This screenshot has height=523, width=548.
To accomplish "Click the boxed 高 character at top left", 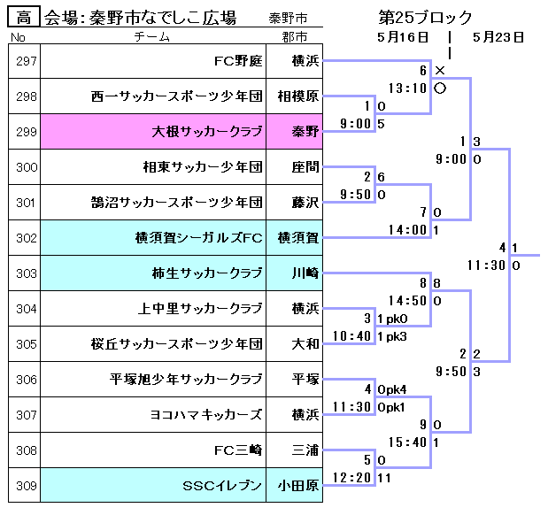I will pos(24,17).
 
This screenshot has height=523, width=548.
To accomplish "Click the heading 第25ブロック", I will pos(425,17).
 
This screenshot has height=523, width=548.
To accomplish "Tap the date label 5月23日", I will pos(498,37).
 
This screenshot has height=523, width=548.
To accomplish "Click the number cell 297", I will pos(26,61).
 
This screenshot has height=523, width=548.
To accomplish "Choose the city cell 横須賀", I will pos(295,238).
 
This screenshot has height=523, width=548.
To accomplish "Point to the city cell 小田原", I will pos(295,486).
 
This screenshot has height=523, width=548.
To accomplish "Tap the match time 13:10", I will pos(407,88).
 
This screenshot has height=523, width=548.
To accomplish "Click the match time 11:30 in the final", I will pos(486,265).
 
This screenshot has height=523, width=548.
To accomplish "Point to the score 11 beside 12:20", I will pos(384,478).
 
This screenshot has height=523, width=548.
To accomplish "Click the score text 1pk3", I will pos(392,336).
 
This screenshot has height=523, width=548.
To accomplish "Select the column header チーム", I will pos(152,37).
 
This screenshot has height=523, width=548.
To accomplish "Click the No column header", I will pos(18,37).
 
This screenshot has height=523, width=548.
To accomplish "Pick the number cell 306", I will pos(26,380).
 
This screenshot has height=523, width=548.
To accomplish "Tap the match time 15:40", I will pos(407,442).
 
